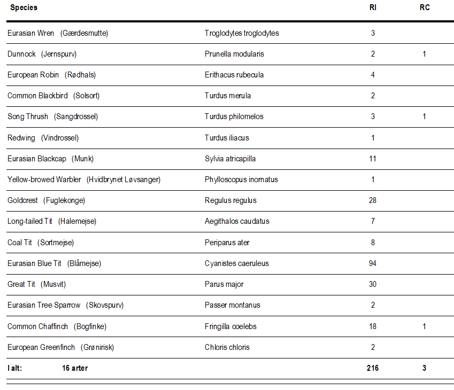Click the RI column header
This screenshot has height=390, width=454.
(x=373, y=7)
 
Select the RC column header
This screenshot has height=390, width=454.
(x=425, y=7)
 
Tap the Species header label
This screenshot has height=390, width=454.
(x=24, y=8)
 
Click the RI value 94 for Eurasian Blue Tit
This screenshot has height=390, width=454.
(x=373, y=263)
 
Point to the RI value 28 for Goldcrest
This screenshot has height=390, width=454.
(x=373, y=200)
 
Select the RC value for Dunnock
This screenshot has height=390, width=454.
(x=425, y=54)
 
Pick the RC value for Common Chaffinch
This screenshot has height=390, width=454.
(x=425, y=326)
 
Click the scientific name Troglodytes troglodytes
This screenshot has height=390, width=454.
(x=242, y=33)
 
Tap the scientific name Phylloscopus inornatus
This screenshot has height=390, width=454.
(x=241, y=180)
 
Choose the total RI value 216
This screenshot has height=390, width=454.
(x=373, y=368)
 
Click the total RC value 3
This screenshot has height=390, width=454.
(x=425, y=368)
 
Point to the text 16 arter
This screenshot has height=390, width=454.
(x=75, y=368)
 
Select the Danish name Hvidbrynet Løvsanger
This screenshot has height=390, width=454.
(x=124, y=180)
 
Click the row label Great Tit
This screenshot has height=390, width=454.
(x=21, y=284)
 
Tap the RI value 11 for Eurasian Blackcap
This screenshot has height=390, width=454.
(x=373, y=159)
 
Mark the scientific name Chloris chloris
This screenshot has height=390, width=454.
(x=227, y=347)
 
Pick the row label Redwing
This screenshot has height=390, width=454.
(x=21, y=138)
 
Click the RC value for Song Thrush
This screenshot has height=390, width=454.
(x=425, y=116)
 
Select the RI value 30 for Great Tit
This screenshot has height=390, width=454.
(x=373, y=284)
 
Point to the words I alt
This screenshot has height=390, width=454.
(x=15, y=368)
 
